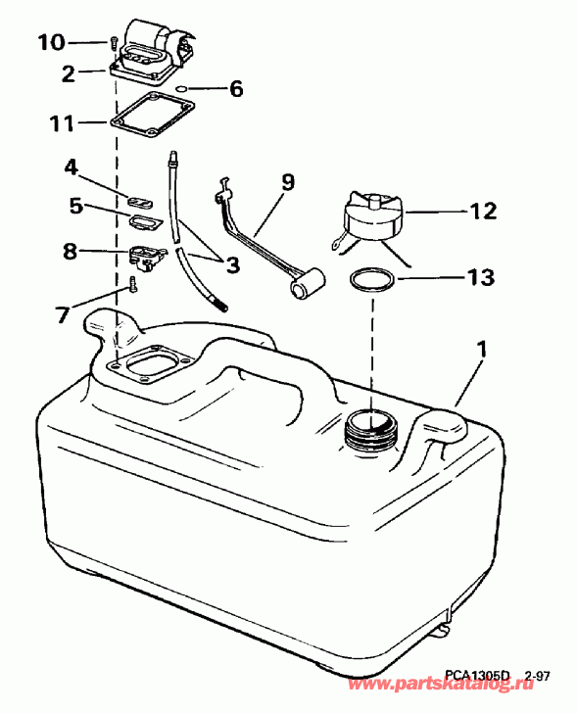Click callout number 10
point(52,41)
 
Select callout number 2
point(69,71)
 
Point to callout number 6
point(235,89)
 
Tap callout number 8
point(70,251)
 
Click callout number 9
point(287,180)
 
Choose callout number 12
point(484,210)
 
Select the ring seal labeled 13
point(373,279)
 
